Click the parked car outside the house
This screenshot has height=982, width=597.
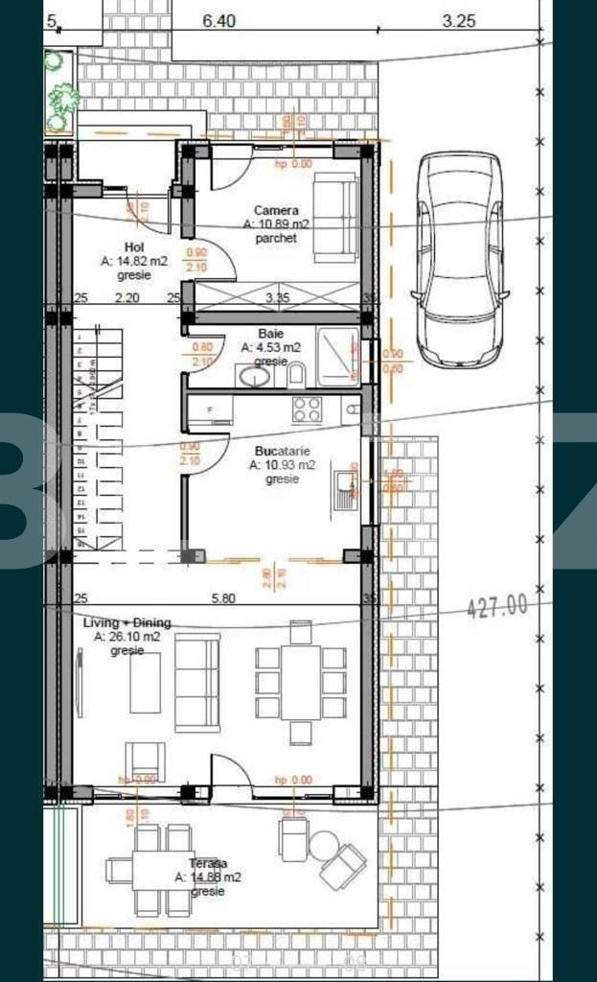(459, 259)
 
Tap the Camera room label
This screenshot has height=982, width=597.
(276, 211)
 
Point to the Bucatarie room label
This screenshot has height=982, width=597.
(281, 451)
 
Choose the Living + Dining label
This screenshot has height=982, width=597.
(128, 623)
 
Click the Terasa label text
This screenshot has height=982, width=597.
(207, 863)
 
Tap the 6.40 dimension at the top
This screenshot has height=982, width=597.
(219, 19)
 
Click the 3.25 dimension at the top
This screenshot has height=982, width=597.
(458, 19)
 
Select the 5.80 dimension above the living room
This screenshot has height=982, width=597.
(223, 597)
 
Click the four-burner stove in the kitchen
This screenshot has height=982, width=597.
(307, 409)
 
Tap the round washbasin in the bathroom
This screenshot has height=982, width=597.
(255, 376)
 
